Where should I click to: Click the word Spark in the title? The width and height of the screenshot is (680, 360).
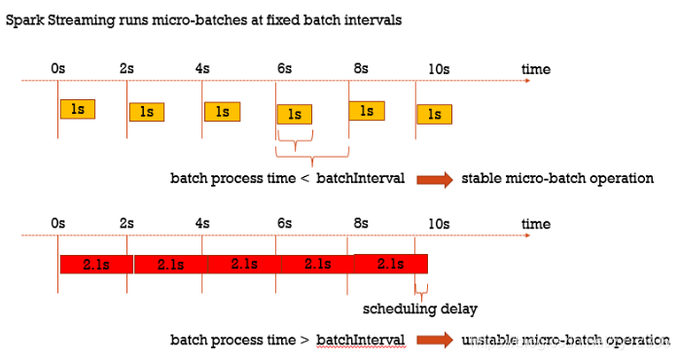pyautogui.click(x=24, y=20)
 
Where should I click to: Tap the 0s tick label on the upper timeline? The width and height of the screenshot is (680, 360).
pyautogui.click(x=57, y=68)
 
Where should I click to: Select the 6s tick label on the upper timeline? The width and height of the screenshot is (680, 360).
pyautogui.click(x=284, y=68)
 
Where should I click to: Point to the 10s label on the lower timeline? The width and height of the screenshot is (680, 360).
pyautogui.click(x=439, y=224)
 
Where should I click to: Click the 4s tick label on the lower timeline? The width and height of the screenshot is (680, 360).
pyautogui.click(x=202, y=224)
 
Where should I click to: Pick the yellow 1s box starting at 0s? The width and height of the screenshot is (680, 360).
pyautogui.click(x=78, y=109)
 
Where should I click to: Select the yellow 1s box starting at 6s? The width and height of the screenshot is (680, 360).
pyautogui.click(x=295, y=115)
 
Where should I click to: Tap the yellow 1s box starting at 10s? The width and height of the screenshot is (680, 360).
pyautogui.click(x=435, y=115)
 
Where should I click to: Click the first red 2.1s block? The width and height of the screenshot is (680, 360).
pyautogui.click(x=96, y=264)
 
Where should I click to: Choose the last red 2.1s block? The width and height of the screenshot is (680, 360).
pyautogui.click(x=391, y=264)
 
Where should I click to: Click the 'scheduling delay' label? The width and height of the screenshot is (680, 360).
pyautogui.click(x=420, y=308)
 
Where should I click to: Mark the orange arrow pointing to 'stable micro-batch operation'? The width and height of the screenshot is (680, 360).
pyautogui.click(x=435, y=179)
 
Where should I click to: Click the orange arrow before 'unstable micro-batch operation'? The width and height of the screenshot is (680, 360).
pyautogui.click(x=435, y=340)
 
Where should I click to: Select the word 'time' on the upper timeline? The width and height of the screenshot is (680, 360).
pyautogui.click(x=536, y=69)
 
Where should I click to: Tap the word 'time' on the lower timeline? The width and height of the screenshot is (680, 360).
pyautogui.click(x=536, y=224)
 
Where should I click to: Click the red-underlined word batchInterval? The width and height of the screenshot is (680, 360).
pyautogui.click(x=360, y=340)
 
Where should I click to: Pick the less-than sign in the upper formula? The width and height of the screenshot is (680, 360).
pyautogui.click(x=304, y=178)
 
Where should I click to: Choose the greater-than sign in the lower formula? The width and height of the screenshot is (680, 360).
pyautogui.click(x=304, y=340)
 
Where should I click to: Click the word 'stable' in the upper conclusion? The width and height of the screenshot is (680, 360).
pyautogui.click(x=480, y=178)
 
